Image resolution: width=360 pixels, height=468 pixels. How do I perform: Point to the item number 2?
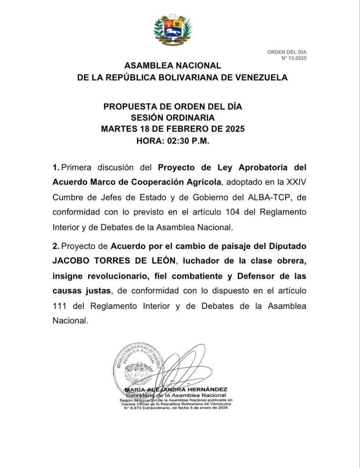pos(55,246)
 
